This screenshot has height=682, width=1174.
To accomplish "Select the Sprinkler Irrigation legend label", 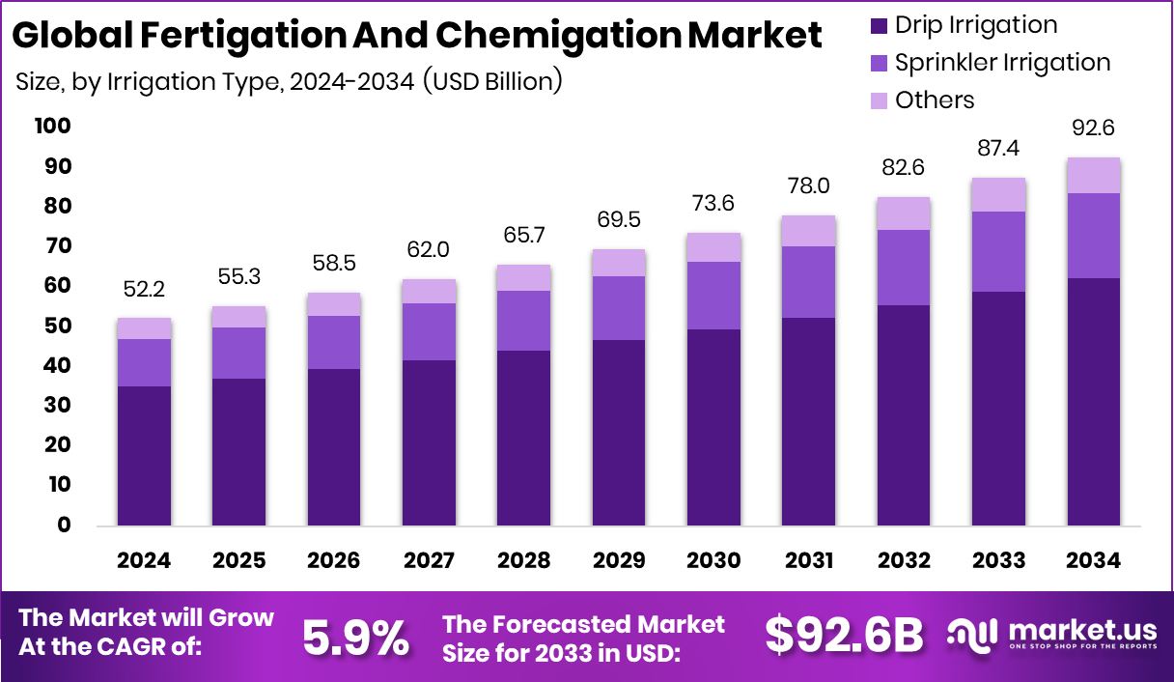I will pyautogui.click(x=1002, y=63).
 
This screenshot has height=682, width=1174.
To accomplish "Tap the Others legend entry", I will pyautogui.click(x=935, y=100).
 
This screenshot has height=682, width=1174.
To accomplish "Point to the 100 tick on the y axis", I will pyautogui.click(x=52, y=127).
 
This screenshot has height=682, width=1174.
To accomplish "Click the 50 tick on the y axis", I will pyautogui.click(x=56, y=327).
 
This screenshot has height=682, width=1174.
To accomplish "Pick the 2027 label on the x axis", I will pyautogui.click(x=429, y=561).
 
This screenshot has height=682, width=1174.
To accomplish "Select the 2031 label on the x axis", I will pyautogui.click(x=809, y=561).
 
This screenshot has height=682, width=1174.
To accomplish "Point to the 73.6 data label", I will pyautogui.click(x=713, y=205).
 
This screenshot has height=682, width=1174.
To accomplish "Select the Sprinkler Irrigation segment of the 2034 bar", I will pyautogui.click(x=1094, y=236).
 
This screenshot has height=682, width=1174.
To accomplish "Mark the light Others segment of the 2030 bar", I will pyautogui.click(x=713, y=247).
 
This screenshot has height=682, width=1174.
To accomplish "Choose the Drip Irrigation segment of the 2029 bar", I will pyautogui.click(x=619, y=433).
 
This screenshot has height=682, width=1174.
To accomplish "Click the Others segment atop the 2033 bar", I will pyautogui.click(x=998, y=195).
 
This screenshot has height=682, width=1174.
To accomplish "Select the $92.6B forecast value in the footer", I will pyautogui.click(x=844, y=636).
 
